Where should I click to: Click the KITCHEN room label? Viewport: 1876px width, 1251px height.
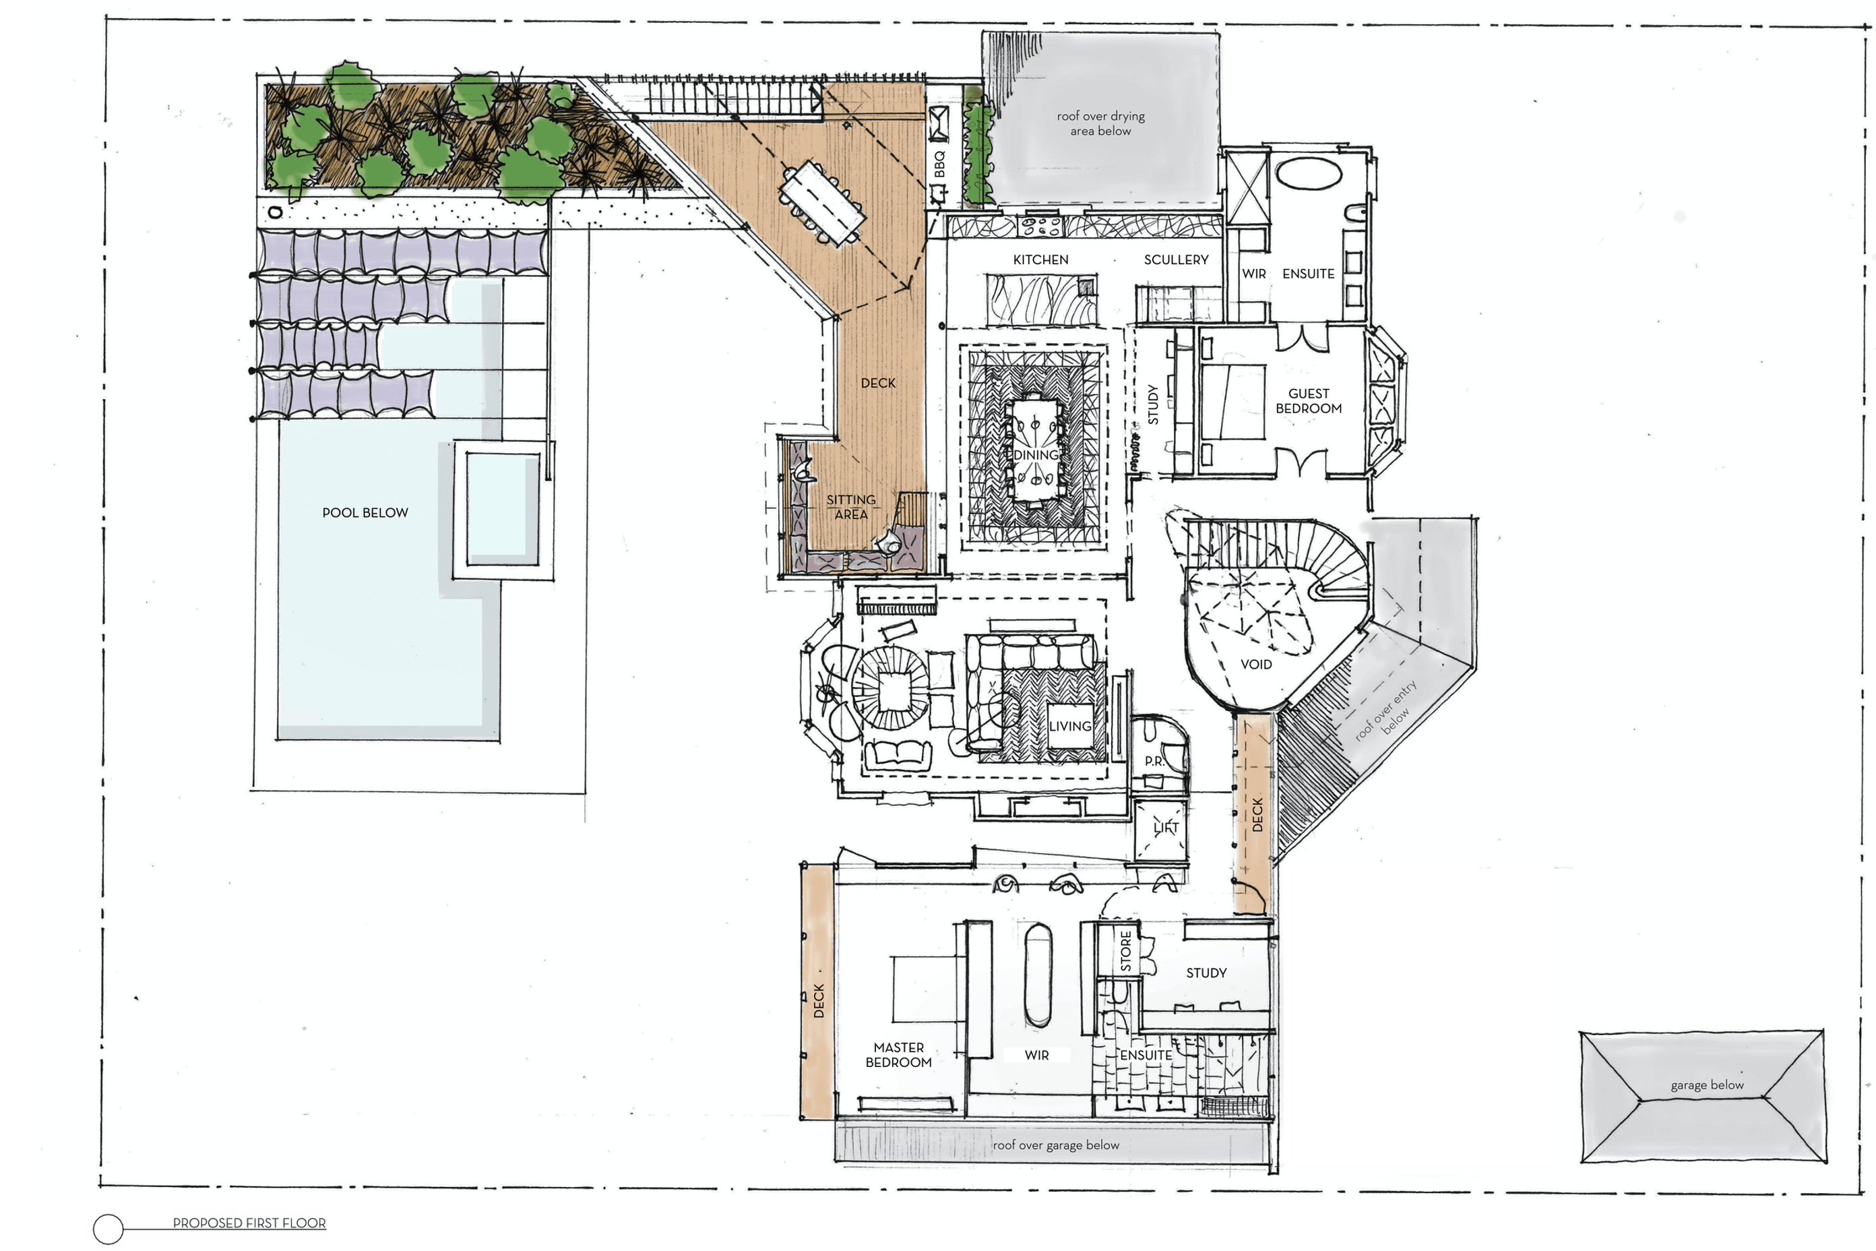tap(1040, 260)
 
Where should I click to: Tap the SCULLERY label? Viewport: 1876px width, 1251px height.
tap(1176, 260)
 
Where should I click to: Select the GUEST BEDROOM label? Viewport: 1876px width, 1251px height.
tap(1308, 400)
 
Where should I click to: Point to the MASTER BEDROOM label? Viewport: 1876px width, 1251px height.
tap(898, 1055)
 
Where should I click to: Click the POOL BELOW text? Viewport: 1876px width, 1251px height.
tap(365, 512)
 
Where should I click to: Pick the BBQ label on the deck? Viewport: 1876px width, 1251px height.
tap(939, 164)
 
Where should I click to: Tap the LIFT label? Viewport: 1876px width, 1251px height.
tap(1165, 827)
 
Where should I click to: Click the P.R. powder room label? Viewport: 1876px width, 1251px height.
tap(1154, 761)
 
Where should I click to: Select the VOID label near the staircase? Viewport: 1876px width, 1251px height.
tap(1255, 664)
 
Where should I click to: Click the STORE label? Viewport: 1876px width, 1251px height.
tap(1125, 950)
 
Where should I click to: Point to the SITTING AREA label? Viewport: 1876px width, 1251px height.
tap(850, 507)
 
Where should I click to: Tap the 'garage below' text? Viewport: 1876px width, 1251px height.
tap(1707, 1085)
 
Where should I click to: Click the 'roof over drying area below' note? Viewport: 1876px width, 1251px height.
tap(1100, 123)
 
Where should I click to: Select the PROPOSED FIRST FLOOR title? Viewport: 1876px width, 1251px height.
tap(249, 1223)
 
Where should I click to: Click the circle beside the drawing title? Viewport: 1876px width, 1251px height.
tap(108, 1229)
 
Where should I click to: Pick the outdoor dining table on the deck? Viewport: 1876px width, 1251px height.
tap(821, 204)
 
